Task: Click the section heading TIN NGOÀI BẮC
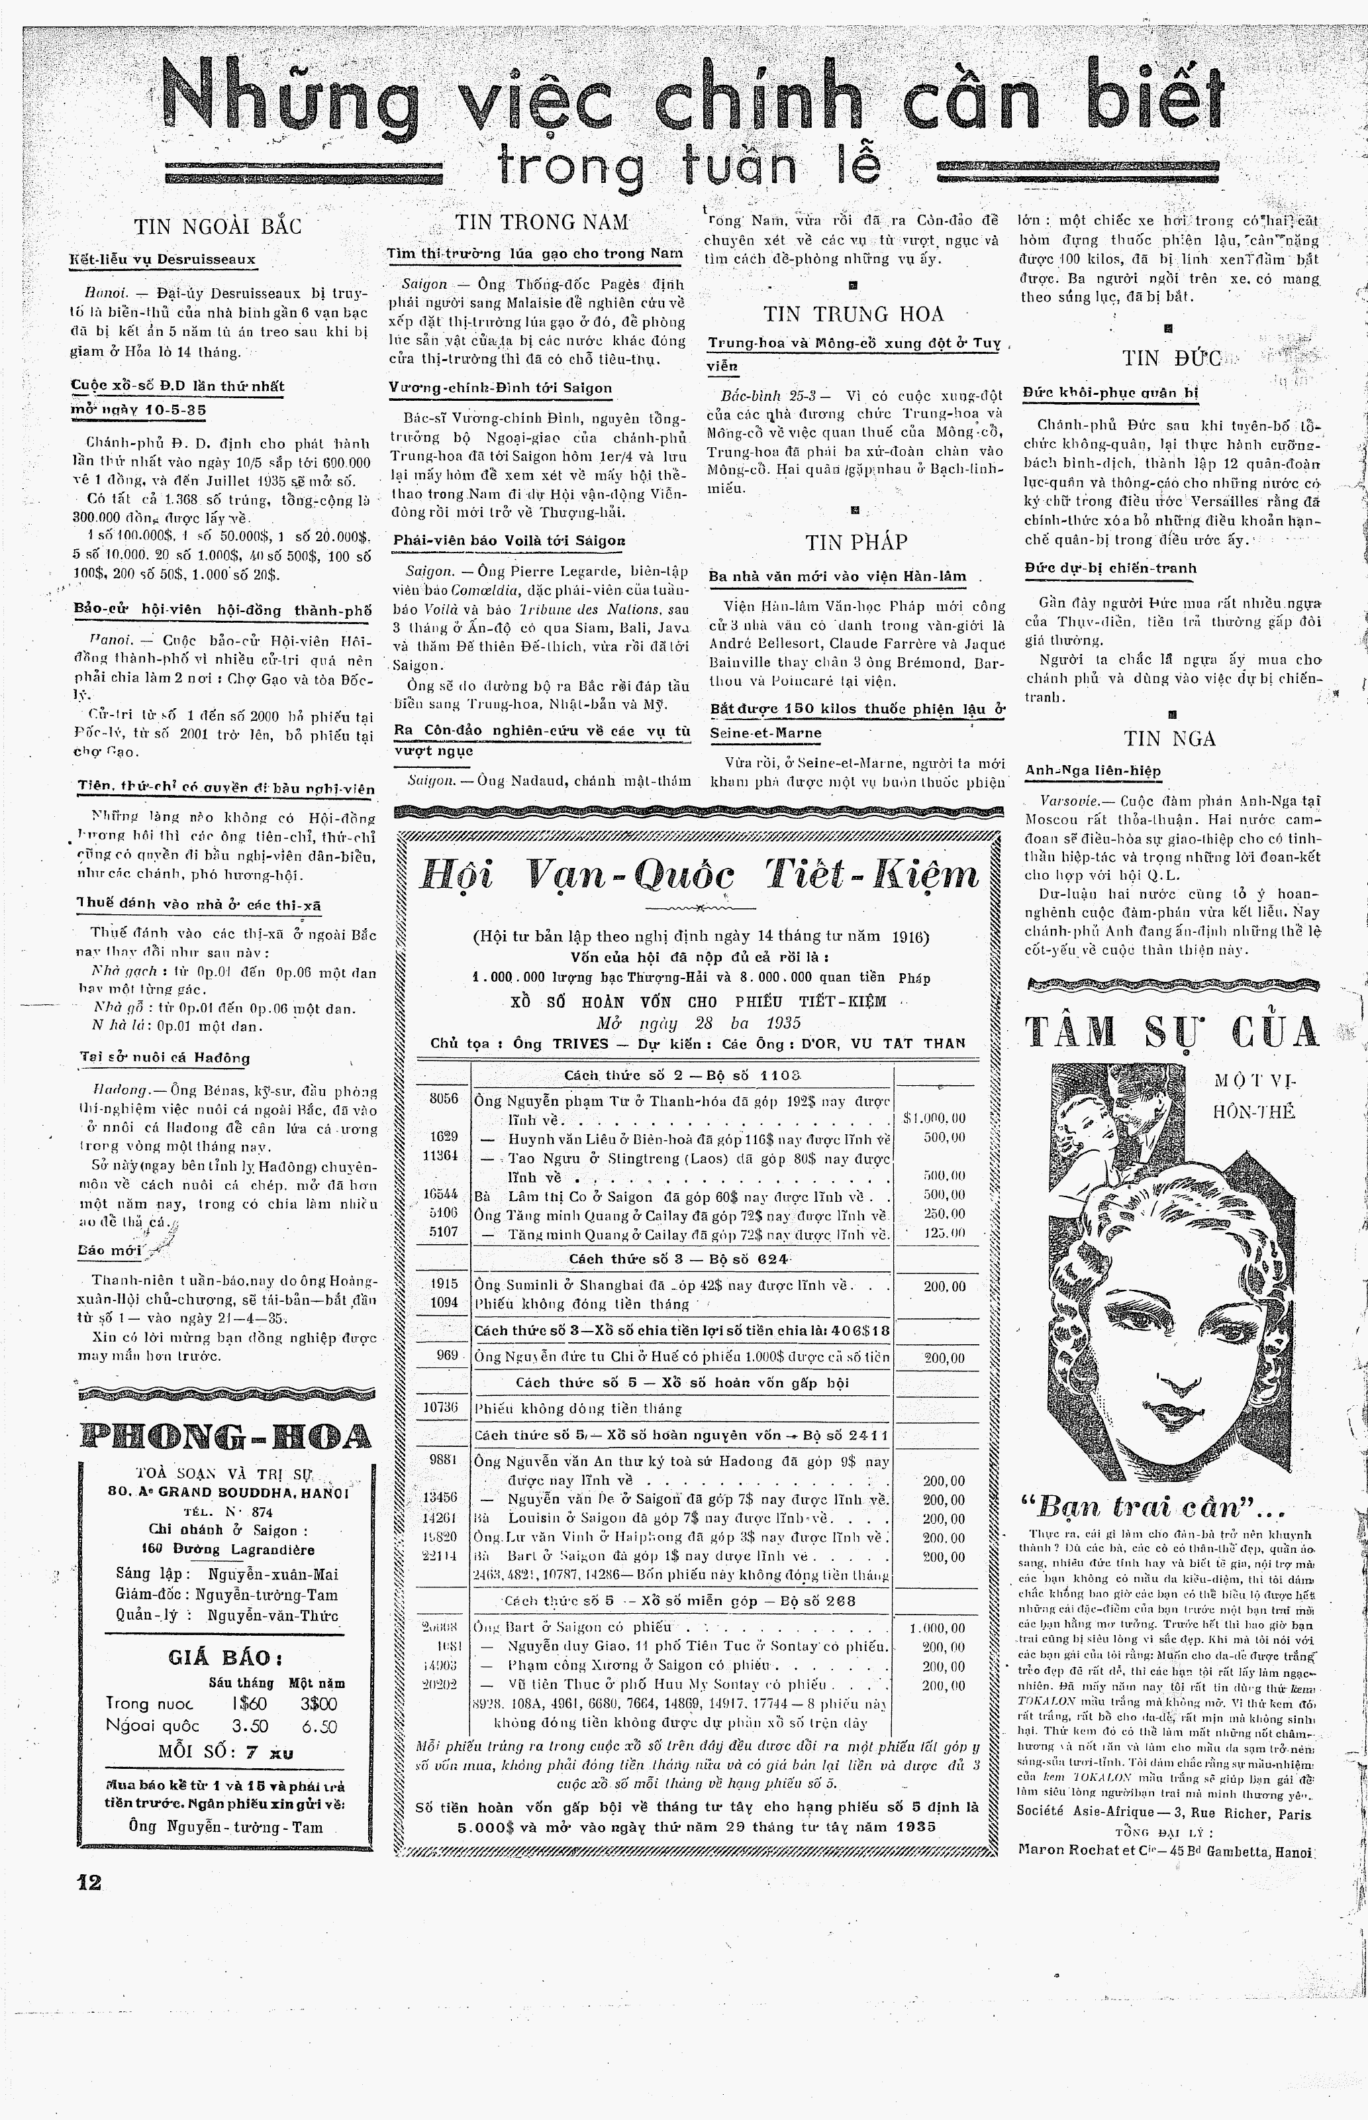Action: (x=218, y=227)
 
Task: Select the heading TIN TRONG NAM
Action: (x=541, y=222)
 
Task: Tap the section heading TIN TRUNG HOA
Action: (x=853, y=313)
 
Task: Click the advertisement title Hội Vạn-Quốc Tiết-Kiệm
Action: (x=698, y=876)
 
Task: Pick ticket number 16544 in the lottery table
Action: (x=442, y=1195)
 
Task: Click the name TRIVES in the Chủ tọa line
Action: (x=580, y=1043)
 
